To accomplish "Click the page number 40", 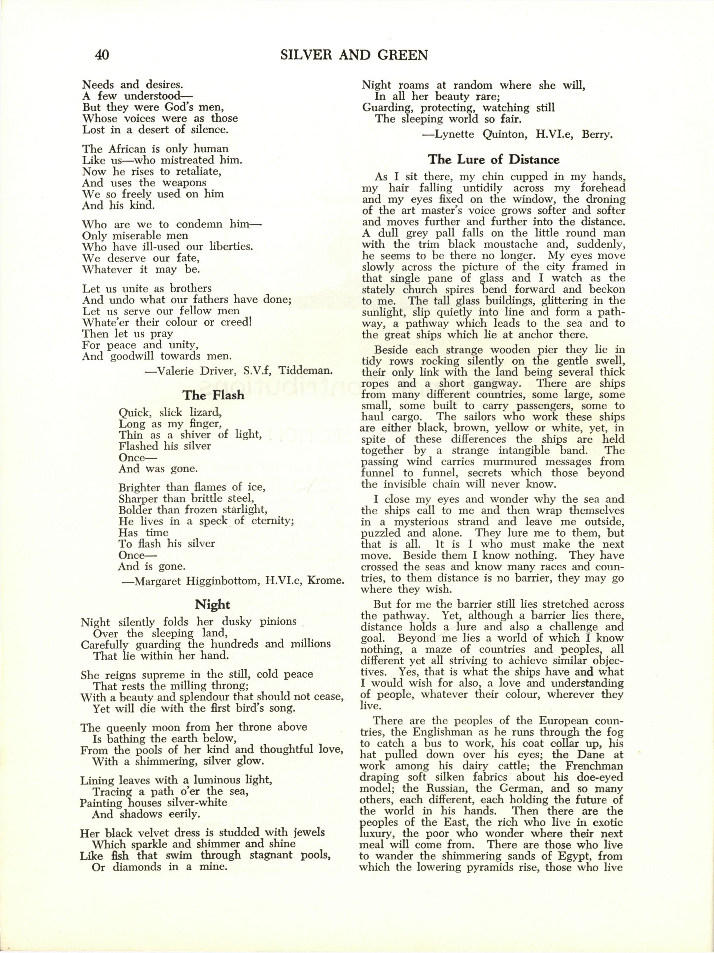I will [x=102, y=55].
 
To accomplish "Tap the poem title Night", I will [x=213, y=604].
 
